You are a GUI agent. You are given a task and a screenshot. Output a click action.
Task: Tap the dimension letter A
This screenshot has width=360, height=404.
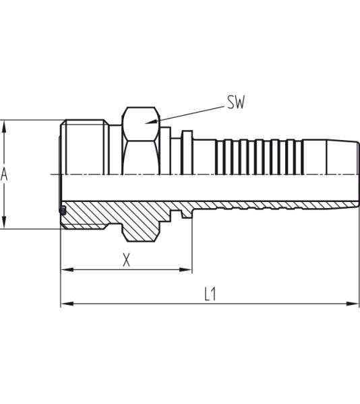5,175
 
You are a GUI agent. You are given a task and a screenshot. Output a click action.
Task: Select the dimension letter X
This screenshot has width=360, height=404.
126,259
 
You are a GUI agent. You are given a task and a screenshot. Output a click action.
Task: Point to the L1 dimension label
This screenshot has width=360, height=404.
210,294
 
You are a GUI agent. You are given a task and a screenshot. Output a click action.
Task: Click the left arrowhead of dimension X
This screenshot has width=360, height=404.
65,270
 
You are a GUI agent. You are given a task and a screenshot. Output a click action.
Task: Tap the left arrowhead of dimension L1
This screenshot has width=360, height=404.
65,304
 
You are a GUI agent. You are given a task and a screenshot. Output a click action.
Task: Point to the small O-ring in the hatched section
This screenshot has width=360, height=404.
63,211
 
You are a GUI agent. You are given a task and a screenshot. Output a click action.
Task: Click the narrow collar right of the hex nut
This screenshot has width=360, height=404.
187,151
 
